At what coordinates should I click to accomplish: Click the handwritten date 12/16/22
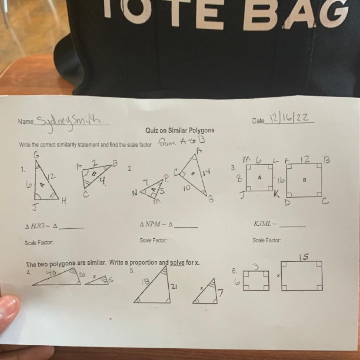(289, 118)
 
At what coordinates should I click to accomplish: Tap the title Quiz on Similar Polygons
(180, 130)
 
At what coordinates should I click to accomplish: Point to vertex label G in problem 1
(37, 155)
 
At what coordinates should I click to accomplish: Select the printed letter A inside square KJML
(260, 177)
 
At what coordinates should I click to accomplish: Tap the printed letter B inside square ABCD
(304, 180)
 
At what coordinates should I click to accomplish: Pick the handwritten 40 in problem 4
(51, 273)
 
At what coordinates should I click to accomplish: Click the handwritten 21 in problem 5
(173, 286)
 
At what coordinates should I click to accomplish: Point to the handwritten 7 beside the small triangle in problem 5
(220, 293)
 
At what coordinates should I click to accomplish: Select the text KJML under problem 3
(263, 223)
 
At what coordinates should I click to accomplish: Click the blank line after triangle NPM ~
(186, 227)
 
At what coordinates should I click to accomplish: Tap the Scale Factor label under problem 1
(39, 243)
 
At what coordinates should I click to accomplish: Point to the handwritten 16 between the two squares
(281, 180)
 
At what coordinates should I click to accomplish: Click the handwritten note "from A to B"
(181, 141)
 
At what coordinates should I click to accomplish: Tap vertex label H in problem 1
(64, 201)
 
